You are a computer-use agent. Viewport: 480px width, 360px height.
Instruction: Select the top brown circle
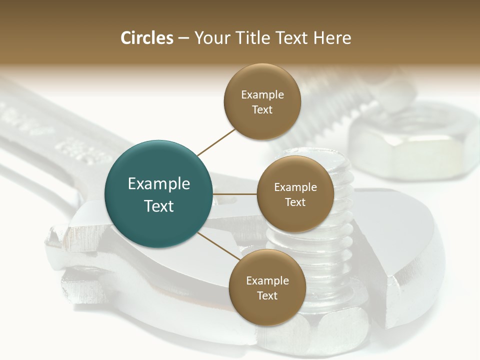262,101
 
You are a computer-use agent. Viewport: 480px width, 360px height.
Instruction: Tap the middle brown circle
295,194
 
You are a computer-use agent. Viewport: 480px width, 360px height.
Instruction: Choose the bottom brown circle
267,287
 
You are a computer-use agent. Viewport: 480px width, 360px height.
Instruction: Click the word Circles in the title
146,38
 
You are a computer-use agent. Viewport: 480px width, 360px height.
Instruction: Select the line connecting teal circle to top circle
216,142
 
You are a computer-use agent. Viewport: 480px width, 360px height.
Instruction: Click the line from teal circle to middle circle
235,194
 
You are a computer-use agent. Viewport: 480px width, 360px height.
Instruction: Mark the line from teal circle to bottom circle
219,246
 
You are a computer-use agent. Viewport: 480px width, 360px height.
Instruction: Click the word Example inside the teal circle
159,183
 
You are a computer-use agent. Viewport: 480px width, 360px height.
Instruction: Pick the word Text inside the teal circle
159,205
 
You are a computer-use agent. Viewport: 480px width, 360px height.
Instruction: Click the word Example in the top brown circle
262,94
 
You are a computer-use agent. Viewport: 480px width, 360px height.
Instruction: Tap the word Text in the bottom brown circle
267,295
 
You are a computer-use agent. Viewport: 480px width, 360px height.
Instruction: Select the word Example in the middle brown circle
295,187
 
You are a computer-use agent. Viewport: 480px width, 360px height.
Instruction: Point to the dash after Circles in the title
183,38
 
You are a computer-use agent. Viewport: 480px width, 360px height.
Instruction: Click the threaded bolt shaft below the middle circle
285,240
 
